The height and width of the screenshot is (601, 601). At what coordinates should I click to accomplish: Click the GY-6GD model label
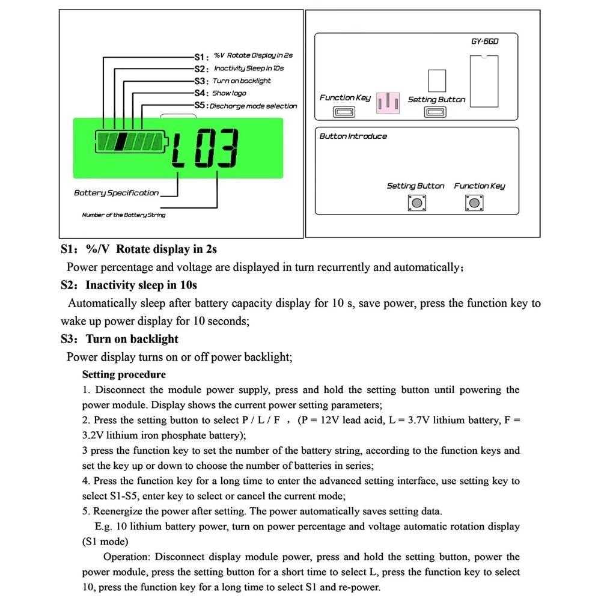[486, 43]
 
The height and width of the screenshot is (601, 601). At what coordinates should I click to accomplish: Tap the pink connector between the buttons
[388, 103]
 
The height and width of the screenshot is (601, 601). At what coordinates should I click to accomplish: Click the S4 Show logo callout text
[229, 93]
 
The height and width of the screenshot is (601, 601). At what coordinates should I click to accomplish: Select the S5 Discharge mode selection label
[253, 106]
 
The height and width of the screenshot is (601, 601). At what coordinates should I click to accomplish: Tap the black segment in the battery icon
[121, 142]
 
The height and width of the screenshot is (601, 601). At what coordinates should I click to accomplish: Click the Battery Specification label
[116, 193]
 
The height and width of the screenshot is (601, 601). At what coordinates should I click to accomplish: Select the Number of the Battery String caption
[123, 215]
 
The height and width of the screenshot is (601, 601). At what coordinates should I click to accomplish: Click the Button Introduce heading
[353, 136]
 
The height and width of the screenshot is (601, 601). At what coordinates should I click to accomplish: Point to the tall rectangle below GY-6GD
[484, 81]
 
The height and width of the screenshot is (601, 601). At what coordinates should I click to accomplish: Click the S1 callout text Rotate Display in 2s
[253, 55]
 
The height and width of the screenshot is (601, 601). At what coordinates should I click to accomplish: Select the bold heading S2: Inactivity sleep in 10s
[129, 285]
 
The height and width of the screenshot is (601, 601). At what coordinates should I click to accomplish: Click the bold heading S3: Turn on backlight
[120, 339]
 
